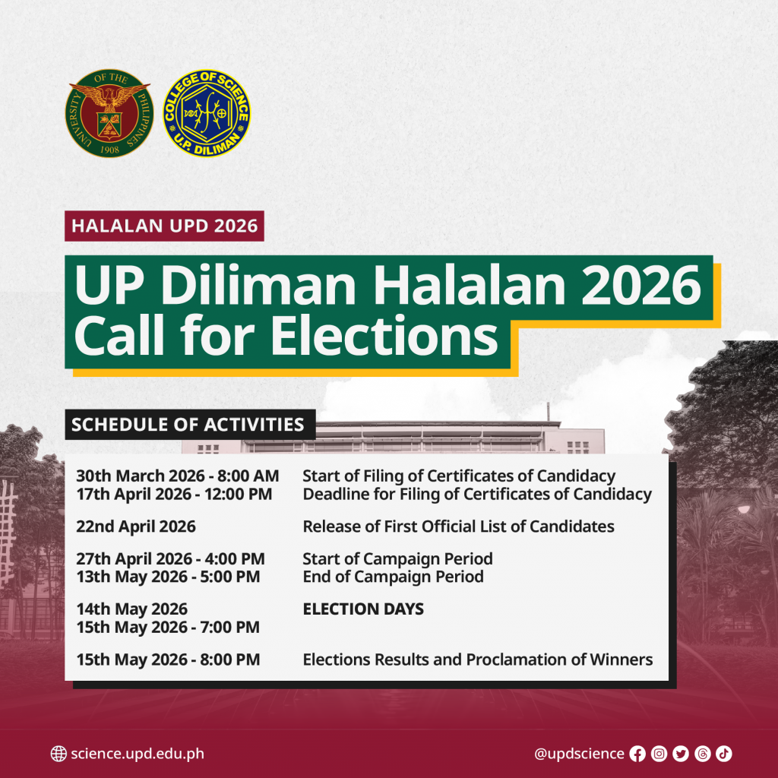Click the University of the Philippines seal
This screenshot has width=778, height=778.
coord(109,113)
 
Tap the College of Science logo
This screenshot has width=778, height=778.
coord(207,113)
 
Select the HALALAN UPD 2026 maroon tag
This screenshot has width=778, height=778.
coord(164,226)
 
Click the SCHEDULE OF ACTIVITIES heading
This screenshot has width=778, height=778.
coord(190,425)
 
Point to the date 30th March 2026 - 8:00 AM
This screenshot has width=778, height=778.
coord(178,476)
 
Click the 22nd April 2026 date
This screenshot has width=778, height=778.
coord(136,527)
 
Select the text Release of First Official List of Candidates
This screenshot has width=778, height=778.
coord(458,527)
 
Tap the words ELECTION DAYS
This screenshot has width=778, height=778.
coord(363,609)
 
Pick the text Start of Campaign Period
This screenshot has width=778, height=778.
coord(397,559)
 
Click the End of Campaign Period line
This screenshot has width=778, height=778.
coord(393,577)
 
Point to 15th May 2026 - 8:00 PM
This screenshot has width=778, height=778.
coord(168,659)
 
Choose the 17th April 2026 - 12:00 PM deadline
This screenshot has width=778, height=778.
coord(174,494)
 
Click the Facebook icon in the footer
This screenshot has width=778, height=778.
coord(637,754)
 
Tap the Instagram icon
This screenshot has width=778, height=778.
coord(659,754)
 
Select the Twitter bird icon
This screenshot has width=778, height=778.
coord(681,754)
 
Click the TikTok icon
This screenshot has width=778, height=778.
coord(724,754)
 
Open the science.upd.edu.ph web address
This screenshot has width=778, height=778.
coord(138,754)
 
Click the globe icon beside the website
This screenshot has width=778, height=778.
coord(59,754)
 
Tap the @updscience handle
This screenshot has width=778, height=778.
coord(579,754)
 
